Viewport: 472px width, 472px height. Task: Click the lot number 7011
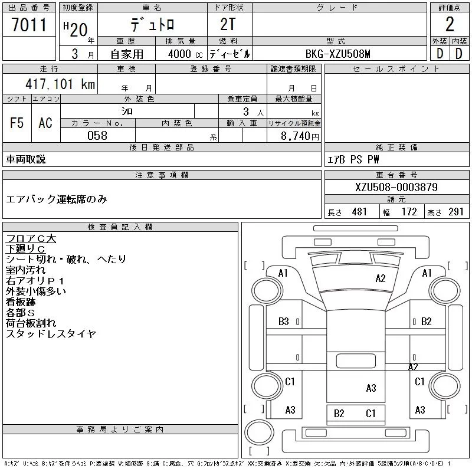click(x=29, y=25)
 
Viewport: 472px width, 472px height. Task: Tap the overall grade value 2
click(x=450, y=24)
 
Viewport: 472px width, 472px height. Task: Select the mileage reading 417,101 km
click(x=60, y=84)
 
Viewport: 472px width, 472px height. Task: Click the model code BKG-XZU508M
click(x=337, y=54)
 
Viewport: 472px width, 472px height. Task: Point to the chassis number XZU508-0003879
click(x=396, y=187)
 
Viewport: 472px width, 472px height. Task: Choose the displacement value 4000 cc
click(x=185, y=54)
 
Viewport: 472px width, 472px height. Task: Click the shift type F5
click(x=17, y=123)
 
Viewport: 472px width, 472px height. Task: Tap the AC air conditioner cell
click(x=45, y=123)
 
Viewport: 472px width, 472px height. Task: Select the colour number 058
click(x=97, y=136)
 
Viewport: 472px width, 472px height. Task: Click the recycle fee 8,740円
click(x=300, y=136)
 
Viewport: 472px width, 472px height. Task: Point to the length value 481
click(x=359, y=212)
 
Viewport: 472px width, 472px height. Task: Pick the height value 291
click(x=455, y=212)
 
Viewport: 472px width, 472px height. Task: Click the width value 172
click(x=409, y=212)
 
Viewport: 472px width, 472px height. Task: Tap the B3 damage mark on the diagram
click(x=284, y=322)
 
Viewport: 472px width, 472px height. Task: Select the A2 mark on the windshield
click(x=381, y=278)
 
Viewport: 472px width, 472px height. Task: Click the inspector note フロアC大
click(x=31, y=238)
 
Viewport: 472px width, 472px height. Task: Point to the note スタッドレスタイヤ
click(x=51, y=333)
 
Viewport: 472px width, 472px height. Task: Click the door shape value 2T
click(x=228, y=24)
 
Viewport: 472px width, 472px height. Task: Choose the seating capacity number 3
click(x=246, y=112)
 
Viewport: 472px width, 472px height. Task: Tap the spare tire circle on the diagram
click(x=259, y=432)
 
